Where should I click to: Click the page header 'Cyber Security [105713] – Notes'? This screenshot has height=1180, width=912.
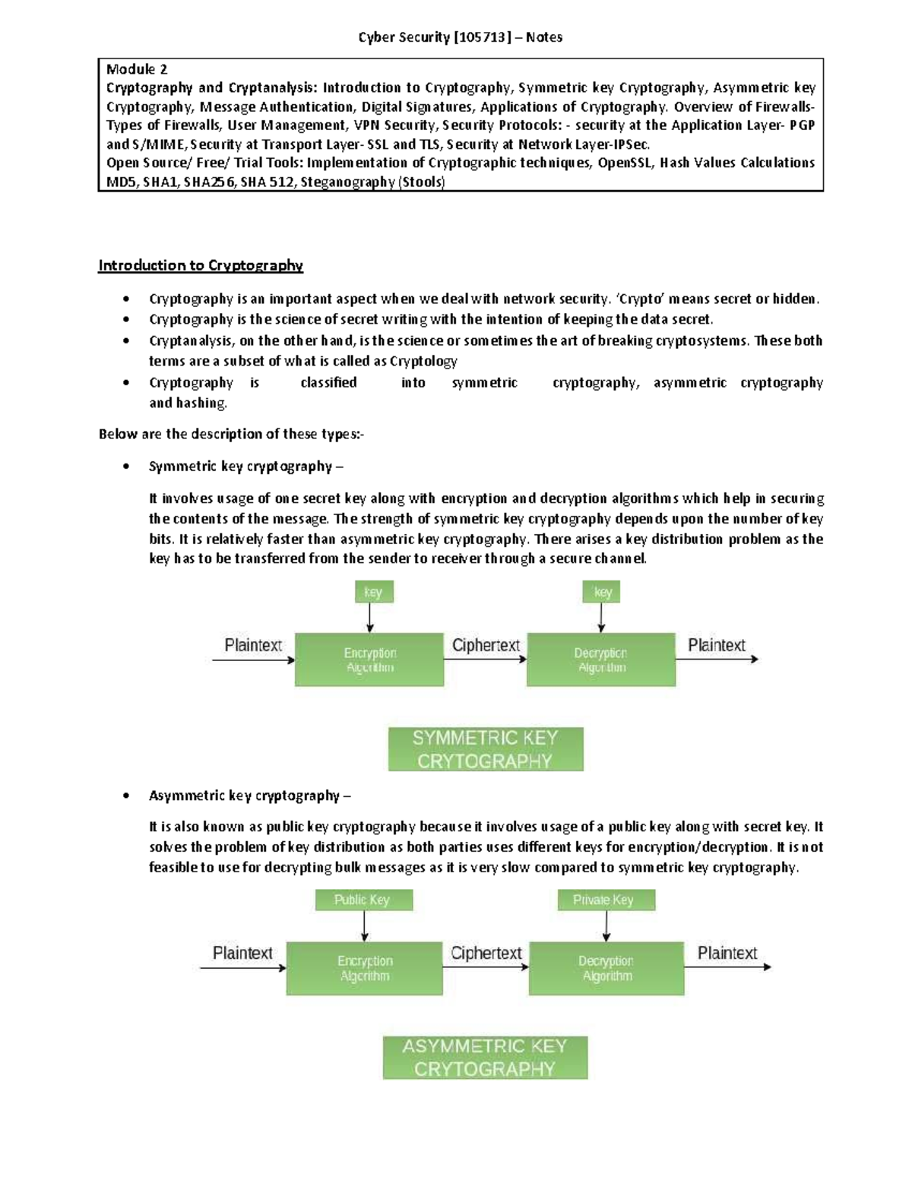point(460,37)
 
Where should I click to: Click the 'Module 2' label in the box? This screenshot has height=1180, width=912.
point(137,69)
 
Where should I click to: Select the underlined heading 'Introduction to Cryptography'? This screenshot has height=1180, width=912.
point(201,265)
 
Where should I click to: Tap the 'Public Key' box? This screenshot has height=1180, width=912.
point(364,900)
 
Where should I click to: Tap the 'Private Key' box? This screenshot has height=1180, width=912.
point(606,900)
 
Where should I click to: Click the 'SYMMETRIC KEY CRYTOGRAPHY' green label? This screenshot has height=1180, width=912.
point(486,749)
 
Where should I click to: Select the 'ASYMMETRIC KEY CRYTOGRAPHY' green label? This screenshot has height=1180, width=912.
point(485,1057)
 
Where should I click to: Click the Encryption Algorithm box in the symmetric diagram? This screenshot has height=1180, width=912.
point(369,660)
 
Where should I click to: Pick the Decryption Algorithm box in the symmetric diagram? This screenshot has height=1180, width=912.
point(601,660)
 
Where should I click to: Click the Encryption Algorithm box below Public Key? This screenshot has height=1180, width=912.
point(365,968)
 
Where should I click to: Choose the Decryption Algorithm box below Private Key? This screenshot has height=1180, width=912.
point(606,968)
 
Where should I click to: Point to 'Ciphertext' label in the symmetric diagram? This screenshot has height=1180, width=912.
point(486,645)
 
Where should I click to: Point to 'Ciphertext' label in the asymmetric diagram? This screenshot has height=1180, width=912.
point(486,953)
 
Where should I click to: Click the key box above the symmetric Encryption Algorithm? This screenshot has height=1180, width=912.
point(374,592)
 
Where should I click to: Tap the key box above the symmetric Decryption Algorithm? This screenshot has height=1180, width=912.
point(602,592)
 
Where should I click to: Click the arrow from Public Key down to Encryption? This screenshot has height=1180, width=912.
point(365,926)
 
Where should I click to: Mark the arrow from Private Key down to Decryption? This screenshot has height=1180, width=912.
point(606,926)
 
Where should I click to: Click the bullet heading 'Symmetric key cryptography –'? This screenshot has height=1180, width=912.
point(245,467)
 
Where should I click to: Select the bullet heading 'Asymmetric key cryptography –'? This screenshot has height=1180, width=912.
point(249,796)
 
